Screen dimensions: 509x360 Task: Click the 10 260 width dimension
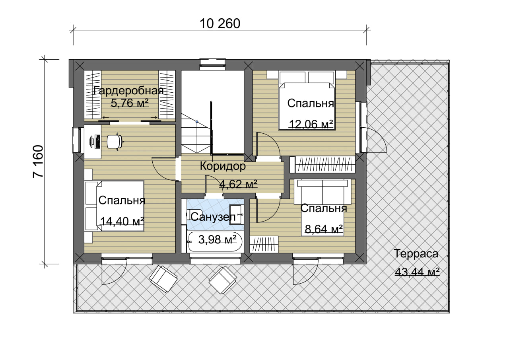tap(220, 23)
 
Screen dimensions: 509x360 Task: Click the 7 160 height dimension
tap(38, 162)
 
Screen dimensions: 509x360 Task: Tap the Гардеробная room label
tap(128, 91)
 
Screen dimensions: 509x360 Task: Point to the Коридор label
tap(223, 166)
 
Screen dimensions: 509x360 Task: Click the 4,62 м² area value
tap(238, 184)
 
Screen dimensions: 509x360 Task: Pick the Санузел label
tap(213, 217)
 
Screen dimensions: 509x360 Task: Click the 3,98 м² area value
tap(218, 239)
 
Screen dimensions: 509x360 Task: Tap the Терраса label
tap(416, 254)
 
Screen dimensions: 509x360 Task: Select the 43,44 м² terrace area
tap(417, 272)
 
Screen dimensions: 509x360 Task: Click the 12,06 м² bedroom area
tap(311, 124)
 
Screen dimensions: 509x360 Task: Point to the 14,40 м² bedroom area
tap(122, 221)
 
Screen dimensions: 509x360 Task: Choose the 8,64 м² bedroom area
tap(324, 229)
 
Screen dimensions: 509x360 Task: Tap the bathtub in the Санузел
tap(215, 241)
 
